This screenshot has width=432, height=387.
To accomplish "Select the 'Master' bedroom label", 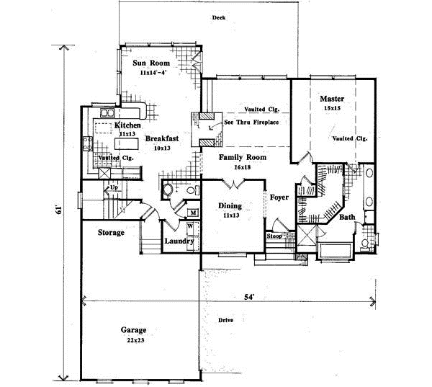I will coord(332,98).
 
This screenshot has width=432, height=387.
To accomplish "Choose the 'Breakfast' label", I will coord(162,138).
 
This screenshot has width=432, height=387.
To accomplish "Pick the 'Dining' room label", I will coord(230,206).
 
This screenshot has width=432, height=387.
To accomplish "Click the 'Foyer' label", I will coord(279,196).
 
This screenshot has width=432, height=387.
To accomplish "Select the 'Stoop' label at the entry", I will coord(274,236).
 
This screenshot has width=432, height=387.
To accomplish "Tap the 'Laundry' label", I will coord(179,241).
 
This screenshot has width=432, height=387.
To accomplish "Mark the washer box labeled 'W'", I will coord(190,226).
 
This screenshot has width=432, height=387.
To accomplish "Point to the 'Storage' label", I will coord(112,233).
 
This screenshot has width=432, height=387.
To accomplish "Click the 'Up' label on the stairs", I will coord(112,187).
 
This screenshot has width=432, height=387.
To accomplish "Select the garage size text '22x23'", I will coord(132,339).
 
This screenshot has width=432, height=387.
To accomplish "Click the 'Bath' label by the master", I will coord(347,216).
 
